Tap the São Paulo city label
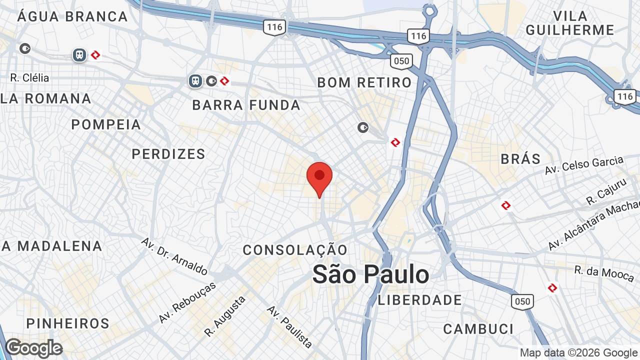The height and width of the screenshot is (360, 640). [x=370, y=274]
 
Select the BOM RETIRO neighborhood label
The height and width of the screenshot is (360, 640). [x=364, y=82]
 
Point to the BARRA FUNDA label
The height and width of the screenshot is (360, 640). [x=246, y=105]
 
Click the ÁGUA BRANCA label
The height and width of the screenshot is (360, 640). [x=72, y=16]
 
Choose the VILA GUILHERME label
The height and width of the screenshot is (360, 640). [x=570, y=23]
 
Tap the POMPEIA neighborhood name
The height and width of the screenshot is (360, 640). [x=106, y=124]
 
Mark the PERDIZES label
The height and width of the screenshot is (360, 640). [x=168, y=154]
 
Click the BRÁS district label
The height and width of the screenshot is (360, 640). [x=520, y=159]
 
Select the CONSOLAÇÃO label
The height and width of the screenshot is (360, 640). [x=295, y=250]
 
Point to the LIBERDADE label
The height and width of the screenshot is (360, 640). [x=420, y=300]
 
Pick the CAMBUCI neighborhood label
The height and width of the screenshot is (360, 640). [x=478, y=329]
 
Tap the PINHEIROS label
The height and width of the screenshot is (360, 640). [x=68, y=323]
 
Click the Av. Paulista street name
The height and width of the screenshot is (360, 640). [x=289, y=326]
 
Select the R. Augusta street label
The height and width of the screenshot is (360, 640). [x=225, y=316]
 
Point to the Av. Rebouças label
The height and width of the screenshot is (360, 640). [x=187, y=302]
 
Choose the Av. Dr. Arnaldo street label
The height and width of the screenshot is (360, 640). [x=174, y=256]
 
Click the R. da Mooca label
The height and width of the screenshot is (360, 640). [x=604, y=274]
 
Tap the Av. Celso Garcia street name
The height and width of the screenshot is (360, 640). [x=584, y=164]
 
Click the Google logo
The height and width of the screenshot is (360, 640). [x=33, y=348]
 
